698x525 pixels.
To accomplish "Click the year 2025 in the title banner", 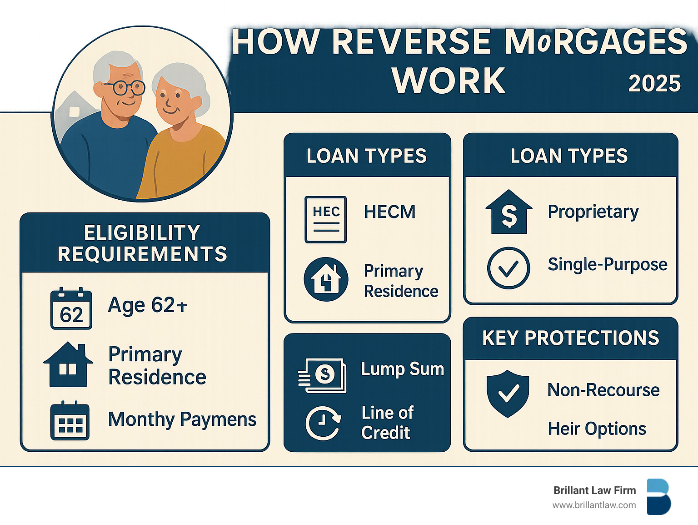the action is coord(654,84).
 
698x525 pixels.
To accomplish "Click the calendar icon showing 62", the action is coord(71,308).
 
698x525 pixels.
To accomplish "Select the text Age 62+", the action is coord(148,305).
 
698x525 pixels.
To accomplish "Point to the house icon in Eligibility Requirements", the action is coord(68,364).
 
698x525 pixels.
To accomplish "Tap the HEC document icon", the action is coord(326,219).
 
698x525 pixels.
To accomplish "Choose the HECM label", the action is coord(389,212).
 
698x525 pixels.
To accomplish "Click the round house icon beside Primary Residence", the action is coord(326,279).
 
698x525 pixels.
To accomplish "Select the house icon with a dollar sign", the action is coord(509,212).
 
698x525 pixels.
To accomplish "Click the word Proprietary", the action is coord(593,212).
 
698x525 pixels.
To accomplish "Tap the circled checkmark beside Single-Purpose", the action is coord(509,268).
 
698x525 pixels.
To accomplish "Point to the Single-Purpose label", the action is coord(608,265).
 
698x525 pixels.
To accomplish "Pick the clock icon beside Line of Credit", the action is coord(323,424).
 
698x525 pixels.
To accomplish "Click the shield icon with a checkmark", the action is coord(508,394).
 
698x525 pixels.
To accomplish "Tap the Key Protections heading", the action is coord(571,338).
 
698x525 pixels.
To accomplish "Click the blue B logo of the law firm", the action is coord(659,497).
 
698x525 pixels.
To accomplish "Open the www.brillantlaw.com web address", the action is coord(594,505).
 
